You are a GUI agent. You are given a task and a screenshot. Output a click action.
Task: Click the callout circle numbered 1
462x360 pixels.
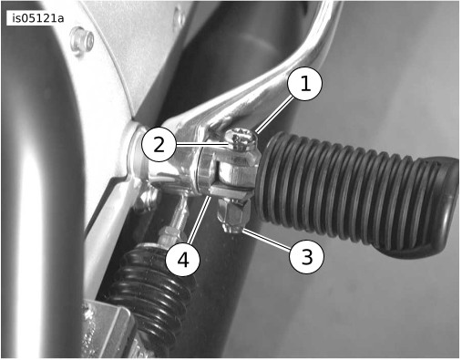point(304,84)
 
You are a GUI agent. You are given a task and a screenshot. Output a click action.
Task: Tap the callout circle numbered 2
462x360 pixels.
point(159,145)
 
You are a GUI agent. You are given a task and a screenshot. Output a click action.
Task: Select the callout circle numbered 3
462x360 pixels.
point(306,256)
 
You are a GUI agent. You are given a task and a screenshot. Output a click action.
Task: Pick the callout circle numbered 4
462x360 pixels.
point(182,260)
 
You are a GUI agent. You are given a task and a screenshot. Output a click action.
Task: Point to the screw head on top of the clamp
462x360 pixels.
point(242,140)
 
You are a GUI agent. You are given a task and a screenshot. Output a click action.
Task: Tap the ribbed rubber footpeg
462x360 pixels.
point(349,193)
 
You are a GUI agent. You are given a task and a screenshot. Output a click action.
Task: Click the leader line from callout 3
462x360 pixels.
point(267,241)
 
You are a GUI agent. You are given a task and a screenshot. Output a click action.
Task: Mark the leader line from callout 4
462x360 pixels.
point(199,220)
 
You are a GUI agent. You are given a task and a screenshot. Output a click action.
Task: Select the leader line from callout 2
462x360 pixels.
point(201,145)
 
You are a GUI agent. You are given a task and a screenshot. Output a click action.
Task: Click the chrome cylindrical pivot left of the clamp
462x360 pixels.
point(170,170)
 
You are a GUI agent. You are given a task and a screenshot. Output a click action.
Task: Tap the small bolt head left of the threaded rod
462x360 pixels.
point(145,198)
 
